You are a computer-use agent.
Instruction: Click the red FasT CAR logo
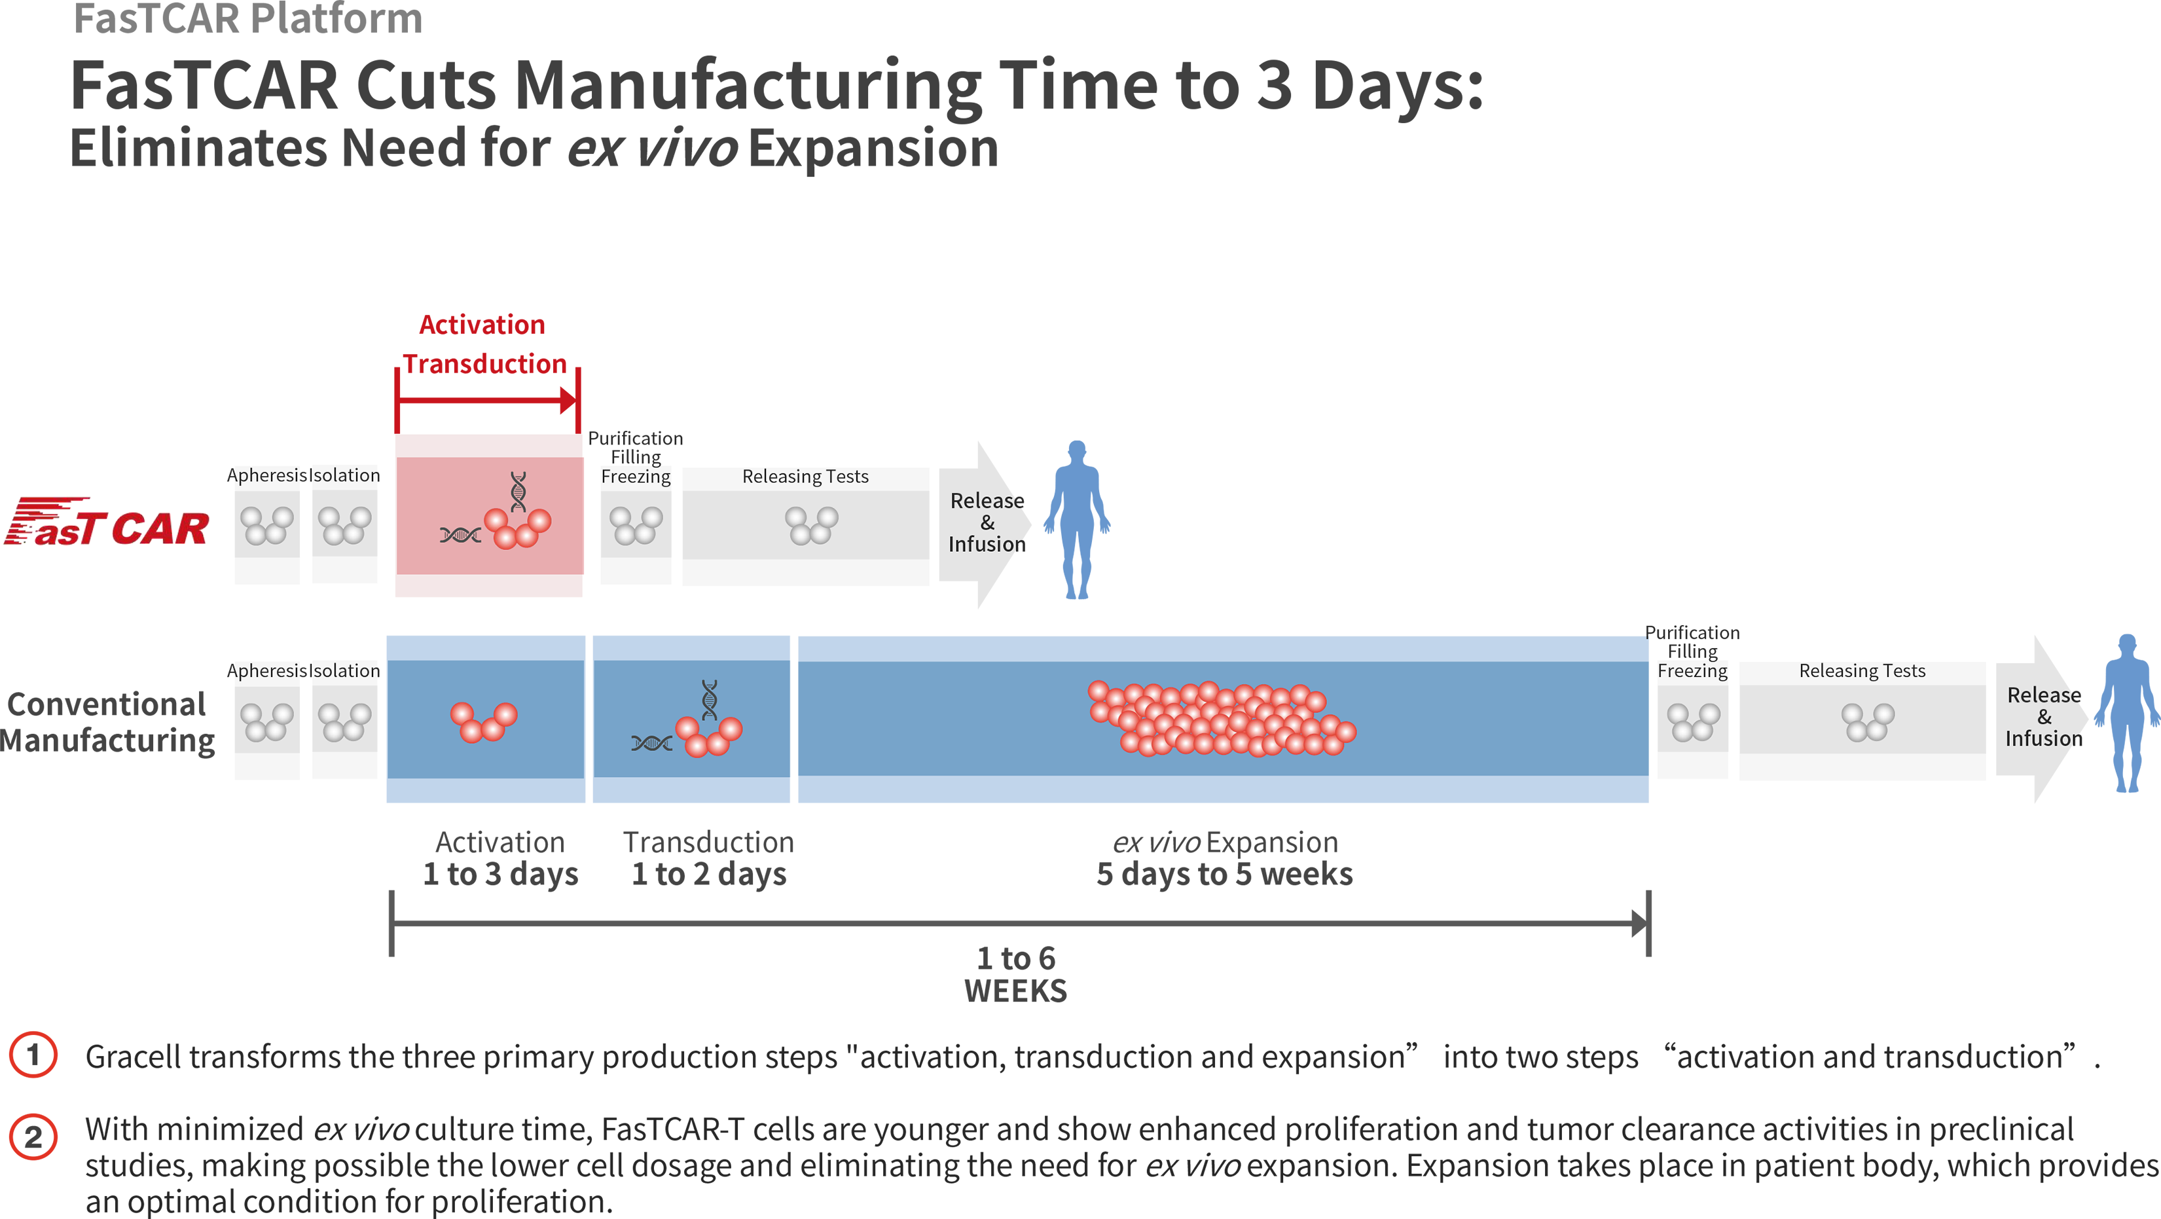(109, 524)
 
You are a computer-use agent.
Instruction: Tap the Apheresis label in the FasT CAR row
(264, 476)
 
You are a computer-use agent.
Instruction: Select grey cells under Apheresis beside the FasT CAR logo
(266, 525)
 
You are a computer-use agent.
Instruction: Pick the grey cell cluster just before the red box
(344, 525)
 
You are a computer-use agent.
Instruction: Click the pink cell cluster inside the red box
(517, 527)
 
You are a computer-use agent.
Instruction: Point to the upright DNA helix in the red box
(519, 491)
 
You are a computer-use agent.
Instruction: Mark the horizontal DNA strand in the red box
(460, 534)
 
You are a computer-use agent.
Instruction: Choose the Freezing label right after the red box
(636, 477)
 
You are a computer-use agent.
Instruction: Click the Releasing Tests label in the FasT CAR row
(805, 477)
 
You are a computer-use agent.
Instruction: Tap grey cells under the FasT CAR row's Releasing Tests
(811, 525)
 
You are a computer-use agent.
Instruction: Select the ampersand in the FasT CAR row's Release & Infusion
(987, 522)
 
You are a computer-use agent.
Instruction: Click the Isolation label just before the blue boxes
(346, 671)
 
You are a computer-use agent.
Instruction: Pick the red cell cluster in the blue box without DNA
(483, 721)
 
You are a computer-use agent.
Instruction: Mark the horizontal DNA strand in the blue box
(651, 742)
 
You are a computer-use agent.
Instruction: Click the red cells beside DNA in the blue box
(709, 736)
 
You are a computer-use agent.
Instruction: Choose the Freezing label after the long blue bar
(1692, 671)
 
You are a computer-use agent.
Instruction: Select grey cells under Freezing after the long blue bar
(1693, 721)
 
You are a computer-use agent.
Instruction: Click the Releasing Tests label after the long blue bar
(1862, 671)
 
